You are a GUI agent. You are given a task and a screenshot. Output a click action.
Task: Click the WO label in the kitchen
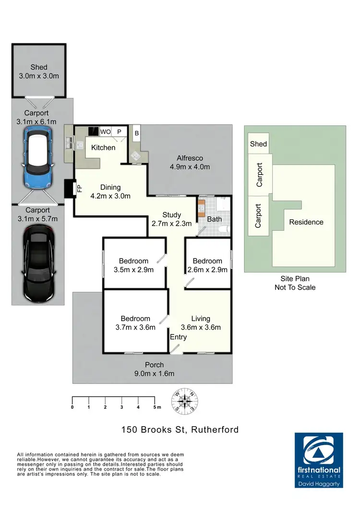[106, 131]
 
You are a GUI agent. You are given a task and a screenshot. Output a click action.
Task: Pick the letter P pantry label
[120, 131]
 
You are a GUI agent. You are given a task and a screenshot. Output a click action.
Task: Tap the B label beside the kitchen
[137, 133]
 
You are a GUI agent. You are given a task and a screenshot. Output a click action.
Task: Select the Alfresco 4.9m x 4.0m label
[190, 163]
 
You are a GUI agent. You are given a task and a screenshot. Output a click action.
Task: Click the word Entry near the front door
[179, 337]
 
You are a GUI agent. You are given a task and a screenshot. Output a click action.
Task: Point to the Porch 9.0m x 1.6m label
[155, 369]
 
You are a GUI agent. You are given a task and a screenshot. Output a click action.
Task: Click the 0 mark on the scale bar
[72, 407]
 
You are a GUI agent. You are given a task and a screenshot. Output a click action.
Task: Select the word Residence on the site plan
[306, 222]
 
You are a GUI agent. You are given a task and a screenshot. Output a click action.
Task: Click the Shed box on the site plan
[258, 144]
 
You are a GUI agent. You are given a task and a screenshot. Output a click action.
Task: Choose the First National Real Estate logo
[318, 461]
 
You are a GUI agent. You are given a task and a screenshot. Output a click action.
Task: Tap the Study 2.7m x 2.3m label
[172, 219]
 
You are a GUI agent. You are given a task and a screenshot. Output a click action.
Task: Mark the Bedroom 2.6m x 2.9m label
[207, 265]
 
